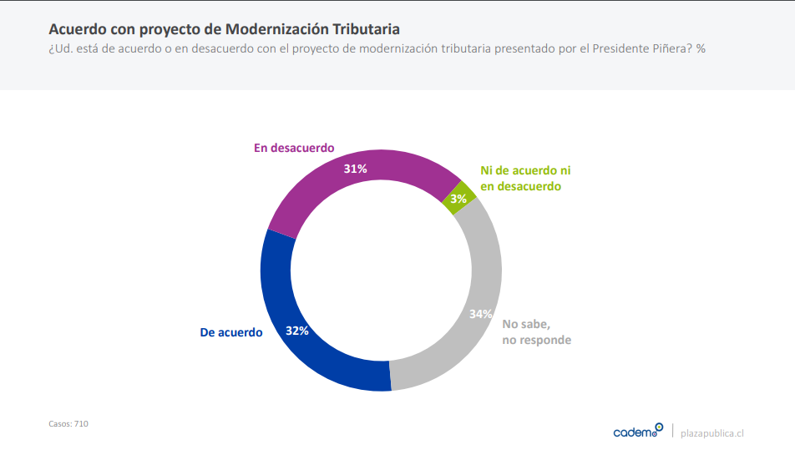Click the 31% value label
click(356, 169)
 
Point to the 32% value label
click(297, 331)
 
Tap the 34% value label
click(480, 315)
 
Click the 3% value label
click(458, 199)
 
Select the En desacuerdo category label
click(294, 148)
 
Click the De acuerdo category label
click(231, 332)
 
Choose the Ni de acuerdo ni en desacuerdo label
click(525, 178)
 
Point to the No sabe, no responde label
click(536, 331)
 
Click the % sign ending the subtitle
click(701, 48)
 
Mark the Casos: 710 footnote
click(68, 424)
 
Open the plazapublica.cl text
click(712, 432)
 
